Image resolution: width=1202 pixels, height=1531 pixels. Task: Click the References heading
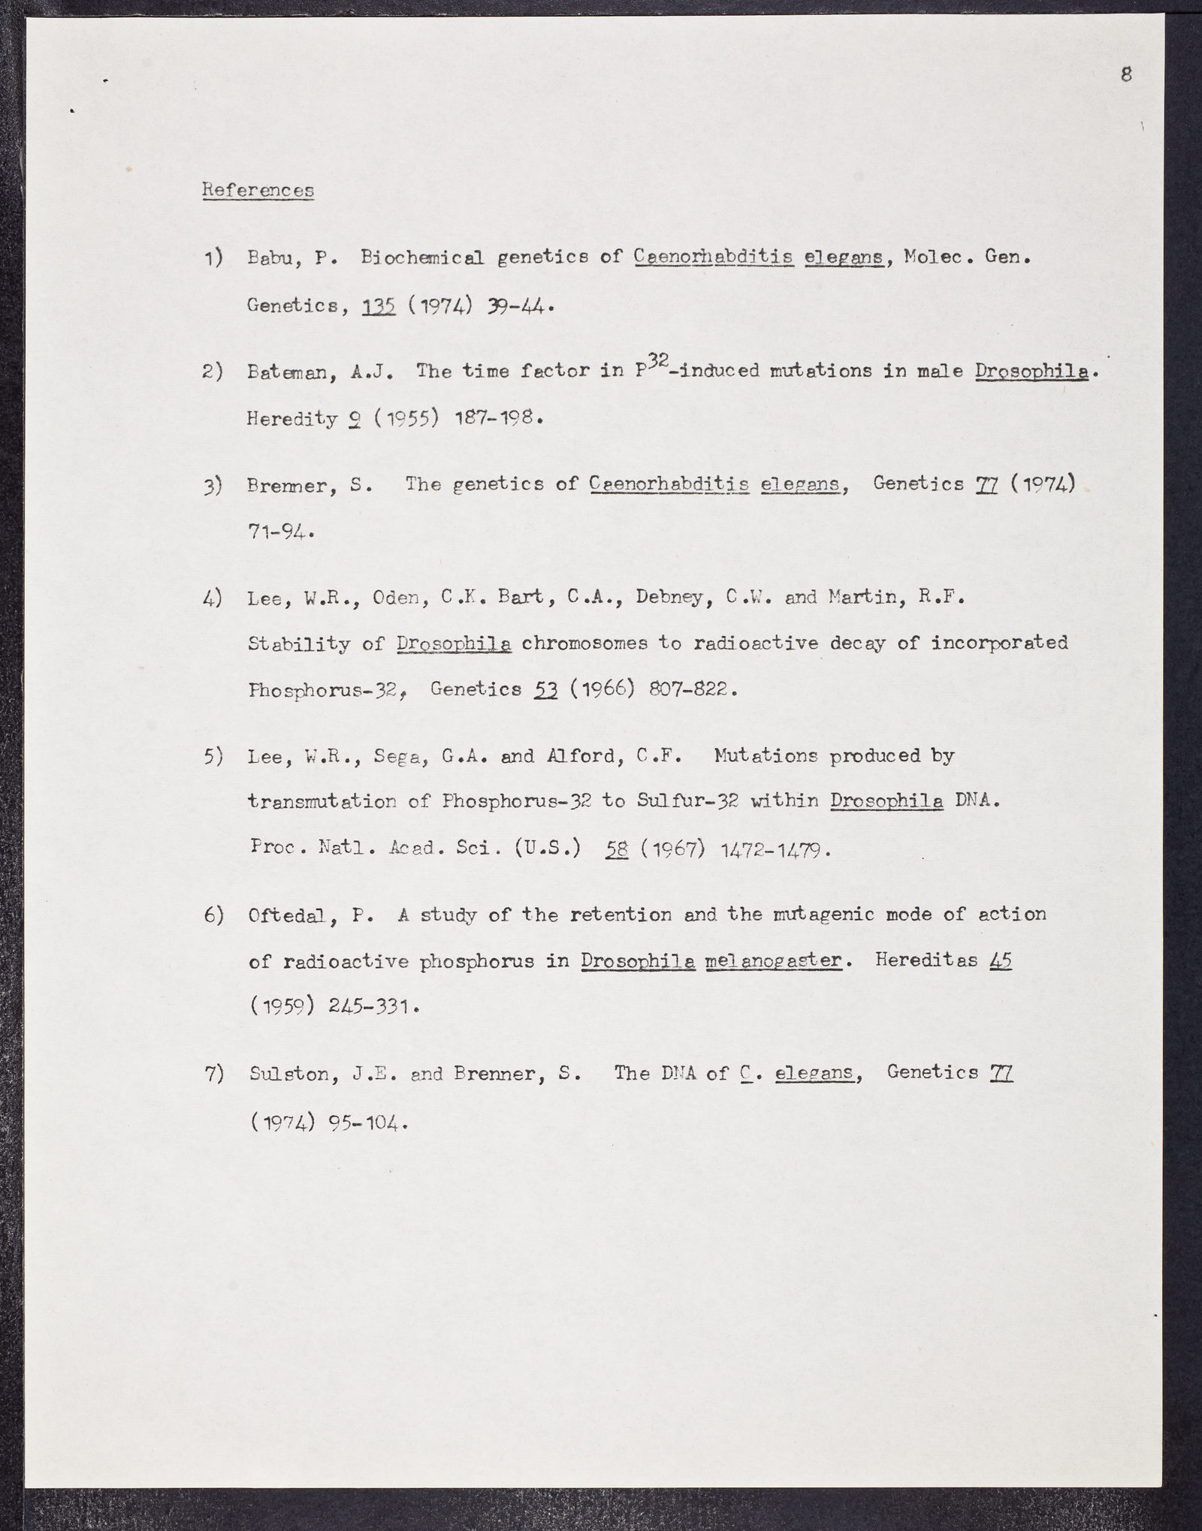coord(258,191)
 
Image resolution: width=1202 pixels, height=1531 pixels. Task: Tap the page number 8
coord(1125,74)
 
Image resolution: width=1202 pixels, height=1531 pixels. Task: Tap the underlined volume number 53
coord(545,689)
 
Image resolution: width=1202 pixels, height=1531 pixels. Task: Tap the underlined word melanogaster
coord(773,962)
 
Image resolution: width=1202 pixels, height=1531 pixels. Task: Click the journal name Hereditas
coord(925,961)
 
